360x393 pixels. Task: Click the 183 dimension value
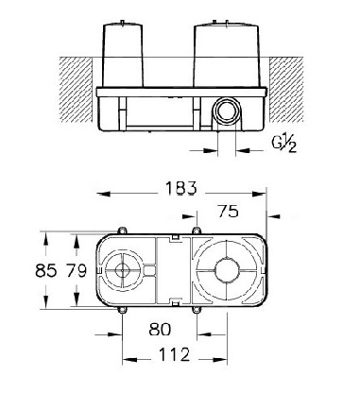pos(180,188)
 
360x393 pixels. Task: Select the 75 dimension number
pos(228,211)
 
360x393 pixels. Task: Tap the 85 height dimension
pos(46,270)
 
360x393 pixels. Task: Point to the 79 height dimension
pos(76,270)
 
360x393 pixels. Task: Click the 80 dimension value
pos(160,330)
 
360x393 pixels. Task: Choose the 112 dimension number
pos(174,354)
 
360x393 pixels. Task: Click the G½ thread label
pos(284,145)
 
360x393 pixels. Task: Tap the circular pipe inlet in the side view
pos(226,111)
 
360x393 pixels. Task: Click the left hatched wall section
pos(76,90)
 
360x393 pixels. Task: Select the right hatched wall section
pos(286,90)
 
